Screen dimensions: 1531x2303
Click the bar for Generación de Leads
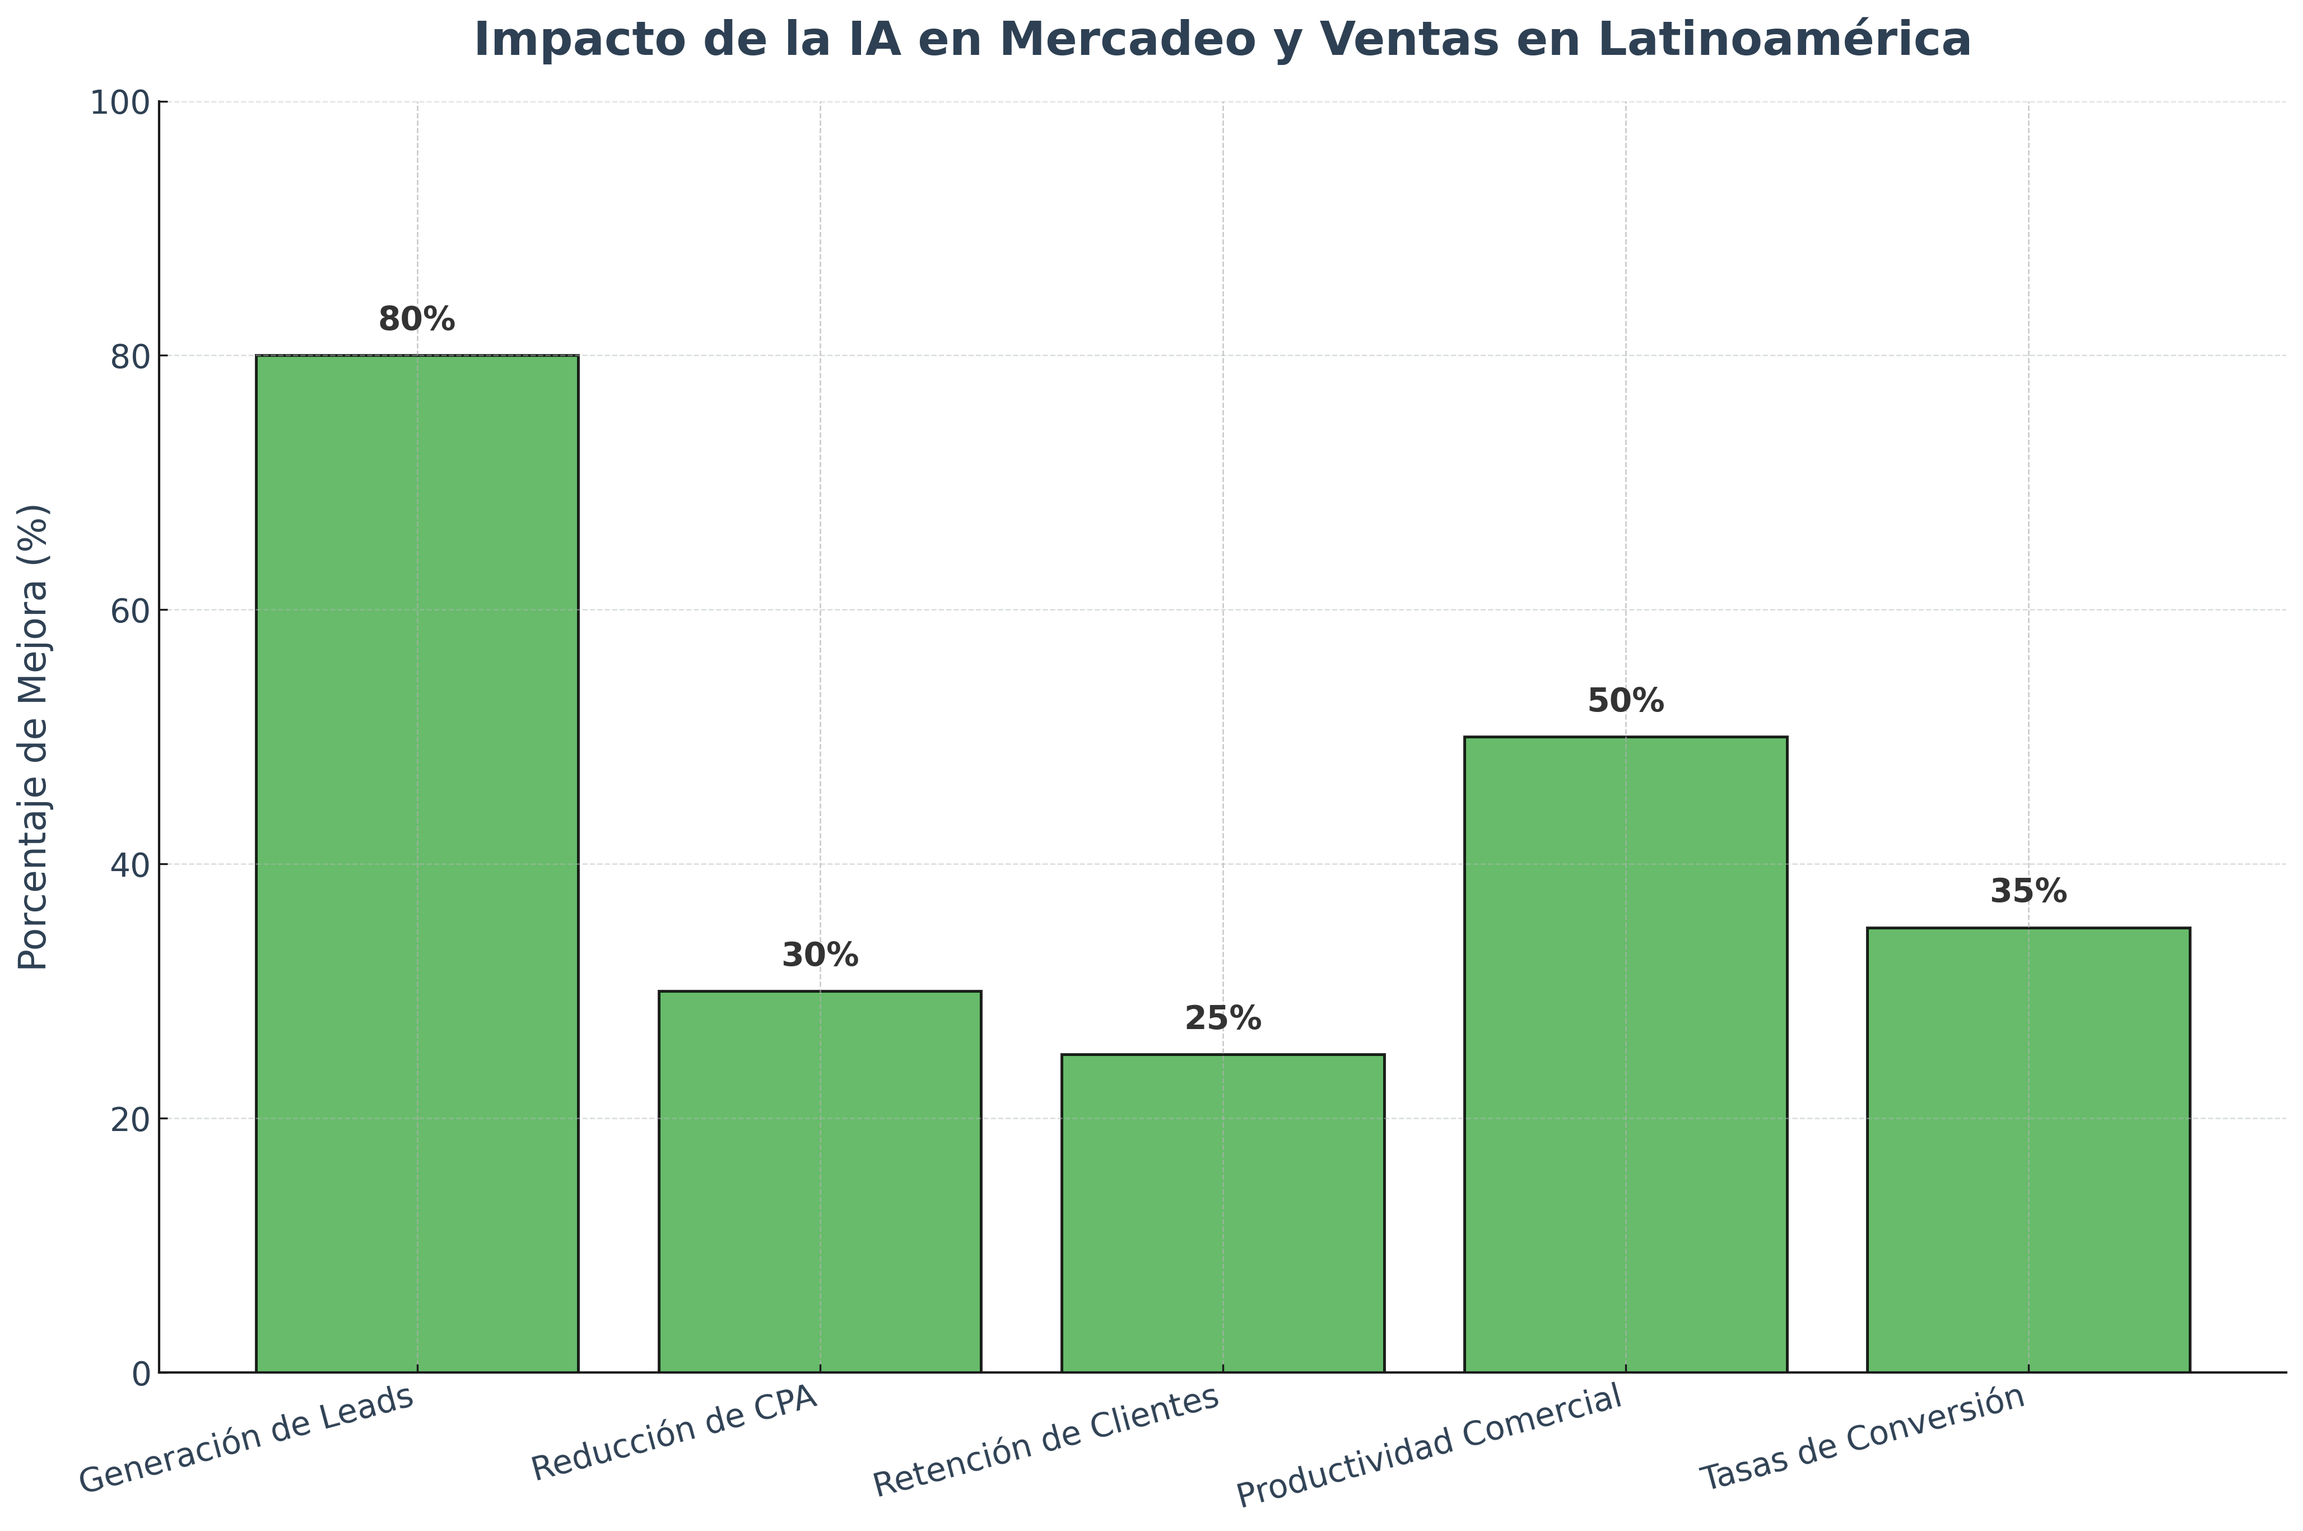(417, 864)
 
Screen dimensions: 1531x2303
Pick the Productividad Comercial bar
(1626, 1054)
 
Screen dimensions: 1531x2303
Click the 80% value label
(417, 319)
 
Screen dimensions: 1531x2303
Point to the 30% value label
(820, 956)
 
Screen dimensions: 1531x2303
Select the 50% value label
(1626, 701)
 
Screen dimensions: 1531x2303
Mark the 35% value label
(2028, 891)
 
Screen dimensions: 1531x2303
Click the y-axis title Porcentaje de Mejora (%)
(34, 737)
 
